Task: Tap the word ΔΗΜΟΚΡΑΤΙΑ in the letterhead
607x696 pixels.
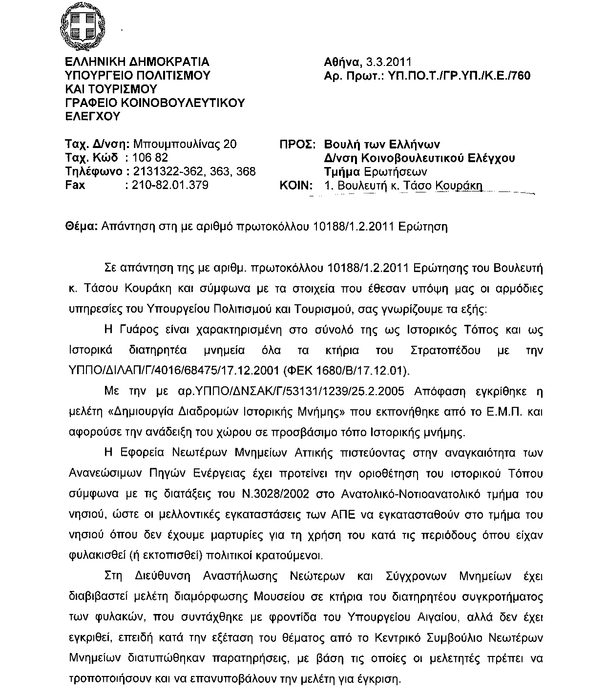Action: (x=168, y=62)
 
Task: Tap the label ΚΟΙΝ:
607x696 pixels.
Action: (x=296, y=186)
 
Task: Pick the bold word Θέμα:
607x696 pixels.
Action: (x=82, y=227)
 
